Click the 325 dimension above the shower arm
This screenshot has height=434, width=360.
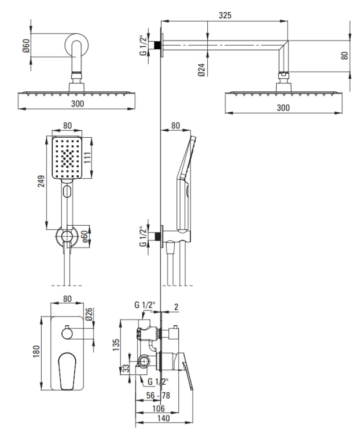click(x=225, y=15)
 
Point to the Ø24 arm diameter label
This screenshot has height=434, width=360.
click(x=201, y=70)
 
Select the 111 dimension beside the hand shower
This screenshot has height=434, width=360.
click(x=87, y=157)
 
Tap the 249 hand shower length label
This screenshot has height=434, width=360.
click(x=41, y=181)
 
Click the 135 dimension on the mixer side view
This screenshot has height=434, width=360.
click(x=116, y=345)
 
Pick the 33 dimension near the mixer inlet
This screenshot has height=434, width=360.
click(x=126, y=368)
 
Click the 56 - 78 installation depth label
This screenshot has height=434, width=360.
click(x=158, y=396)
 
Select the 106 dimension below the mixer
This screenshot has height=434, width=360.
click(x=158, y=409)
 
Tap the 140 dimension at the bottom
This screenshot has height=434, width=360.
click(x=163, y=418)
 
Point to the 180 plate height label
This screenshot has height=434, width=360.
click(x=36, y=351)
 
